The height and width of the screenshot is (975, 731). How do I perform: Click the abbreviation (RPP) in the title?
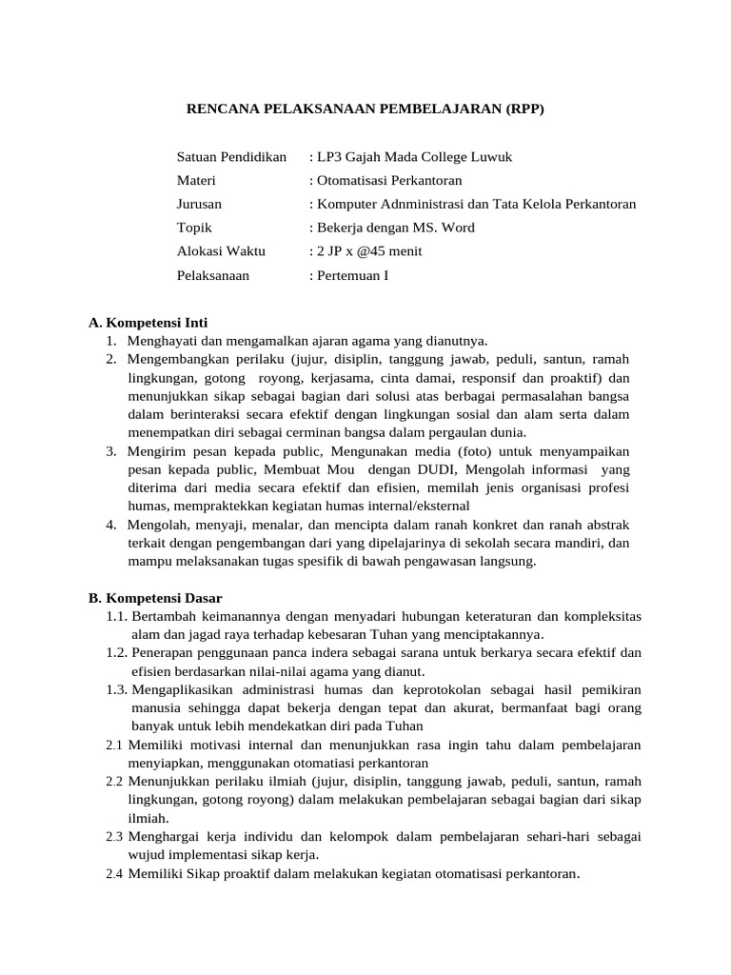pyautogui.click(x=523, y=109)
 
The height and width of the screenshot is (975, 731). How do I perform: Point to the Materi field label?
pyautogui.click(x=196, y=180)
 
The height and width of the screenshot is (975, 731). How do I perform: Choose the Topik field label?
pyautogui.click(x=194, y=228)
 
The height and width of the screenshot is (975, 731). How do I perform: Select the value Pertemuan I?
pyautogui.click(x=352, y=275)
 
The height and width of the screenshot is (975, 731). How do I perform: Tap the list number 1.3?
pyautogui.click(x=117, y=689)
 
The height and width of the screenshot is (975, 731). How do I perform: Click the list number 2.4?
pyautogui.click(x=115, y=873)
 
